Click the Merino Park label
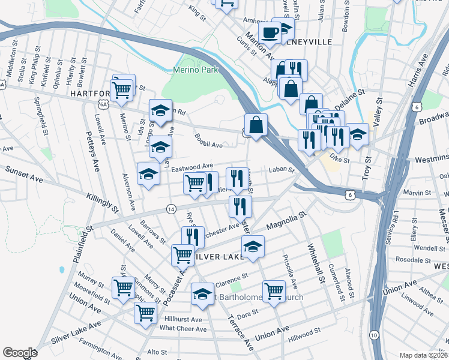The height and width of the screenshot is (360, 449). pos(195,70)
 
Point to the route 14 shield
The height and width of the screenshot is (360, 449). pos(172,209)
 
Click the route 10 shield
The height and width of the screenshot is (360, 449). pos(374,334)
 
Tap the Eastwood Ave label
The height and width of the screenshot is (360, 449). pos(192,166)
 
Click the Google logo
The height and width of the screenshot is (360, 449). pos(20,353)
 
